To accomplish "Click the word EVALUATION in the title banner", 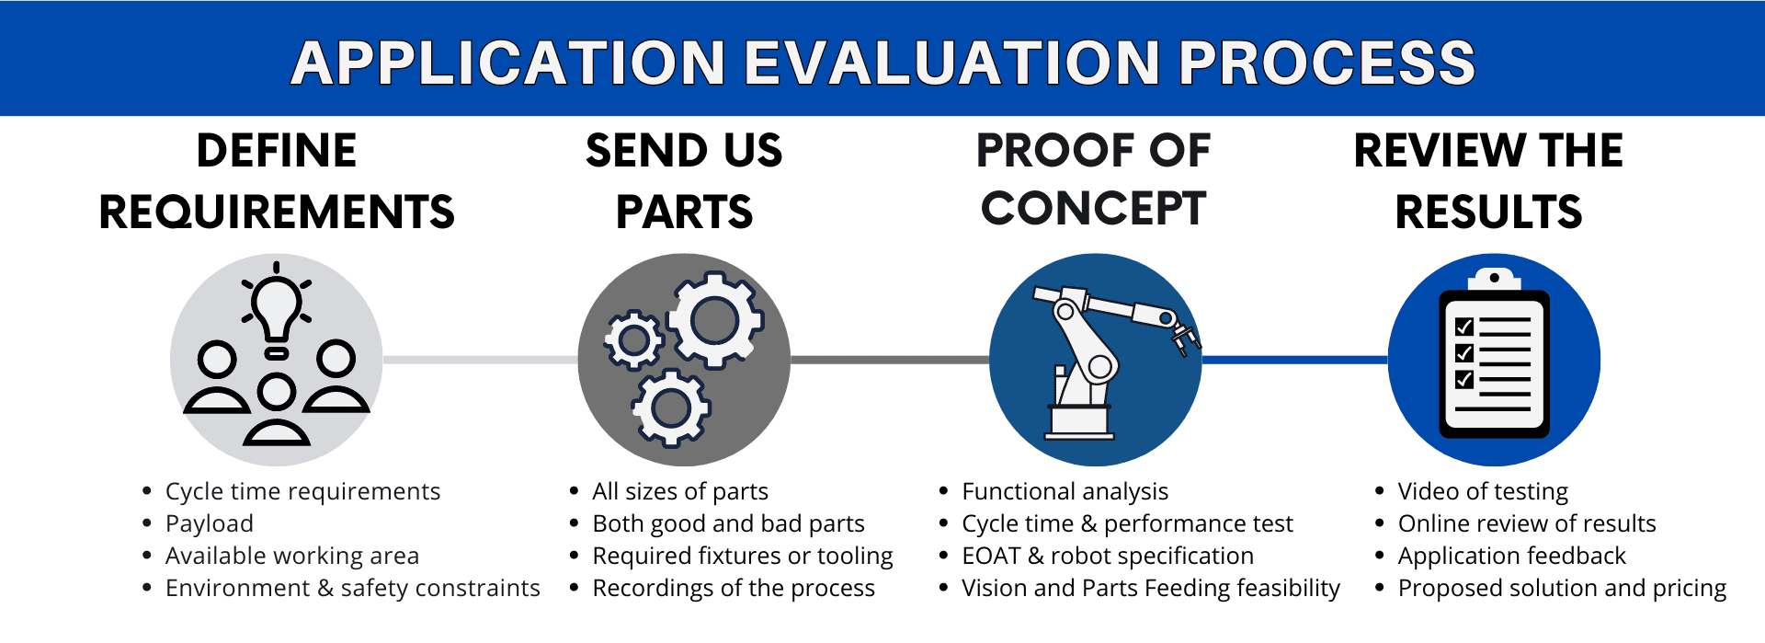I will pos(951,63).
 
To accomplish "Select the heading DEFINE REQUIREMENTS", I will pos(277,181).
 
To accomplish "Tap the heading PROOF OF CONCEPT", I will pos(1093,179).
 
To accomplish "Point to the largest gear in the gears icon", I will pos(715,320).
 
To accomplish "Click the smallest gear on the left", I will pos(633,340).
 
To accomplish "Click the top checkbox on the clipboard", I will pos(1464,327).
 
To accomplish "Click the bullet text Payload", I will pos(210,523).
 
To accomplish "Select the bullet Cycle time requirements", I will pos(302,491).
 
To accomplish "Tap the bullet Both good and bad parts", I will pos(728,523).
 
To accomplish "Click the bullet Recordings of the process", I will pos(734,588).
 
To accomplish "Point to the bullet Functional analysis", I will pos(1065,491).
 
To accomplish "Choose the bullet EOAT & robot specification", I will pos(1108,556).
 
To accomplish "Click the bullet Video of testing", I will pos(1483,491).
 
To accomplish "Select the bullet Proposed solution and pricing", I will pos(1562,588).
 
